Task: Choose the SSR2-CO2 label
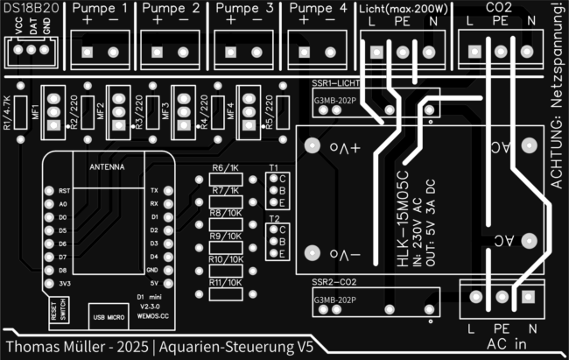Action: (334, 283)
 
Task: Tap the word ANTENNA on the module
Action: (108, 165)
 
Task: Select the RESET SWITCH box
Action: (58, 314)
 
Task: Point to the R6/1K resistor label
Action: (225, 167)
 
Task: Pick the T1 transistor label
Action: (274, 166)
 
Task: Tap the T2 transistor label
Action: (274, 218)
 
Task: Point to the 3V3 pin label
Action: (64, 284)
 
